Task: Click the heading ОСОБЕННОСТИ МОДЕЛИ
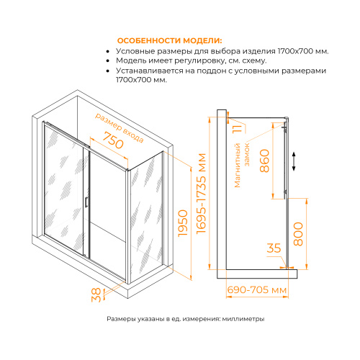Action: point(168,40)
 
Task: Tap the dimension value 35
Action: point(274,249)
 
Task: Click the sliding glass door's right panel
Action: point(108,209)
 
